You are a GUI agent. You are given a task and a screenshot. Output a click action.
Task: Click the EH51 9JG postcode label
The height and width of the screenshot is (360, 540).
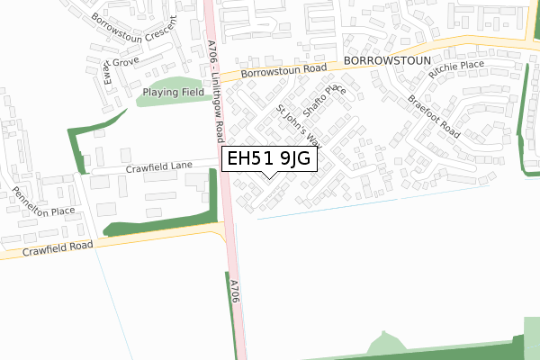[269, 159]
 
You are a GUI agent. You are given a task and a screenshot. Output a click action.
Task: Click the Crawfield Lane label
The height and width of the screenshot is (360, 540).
[159, 166]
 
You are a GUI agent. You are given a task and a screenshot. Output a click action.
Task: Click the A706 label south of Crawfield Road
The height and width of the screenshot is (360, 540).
[234, 297]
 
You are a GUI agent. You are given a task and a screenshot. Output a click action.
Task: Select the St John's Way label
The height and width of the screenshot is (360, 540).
[299, 127]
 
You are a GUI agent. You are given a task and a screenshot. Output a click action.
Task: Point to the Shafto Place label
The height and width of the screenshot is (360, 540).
[325, 101]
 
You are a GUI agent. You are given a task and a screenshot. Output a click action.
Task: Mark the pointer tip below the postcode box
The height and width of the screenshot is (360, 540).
[270, 177]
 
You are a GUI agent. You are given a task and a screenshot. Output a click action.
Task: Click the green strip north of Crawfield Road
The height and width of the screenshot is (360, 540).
[157, 225]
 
